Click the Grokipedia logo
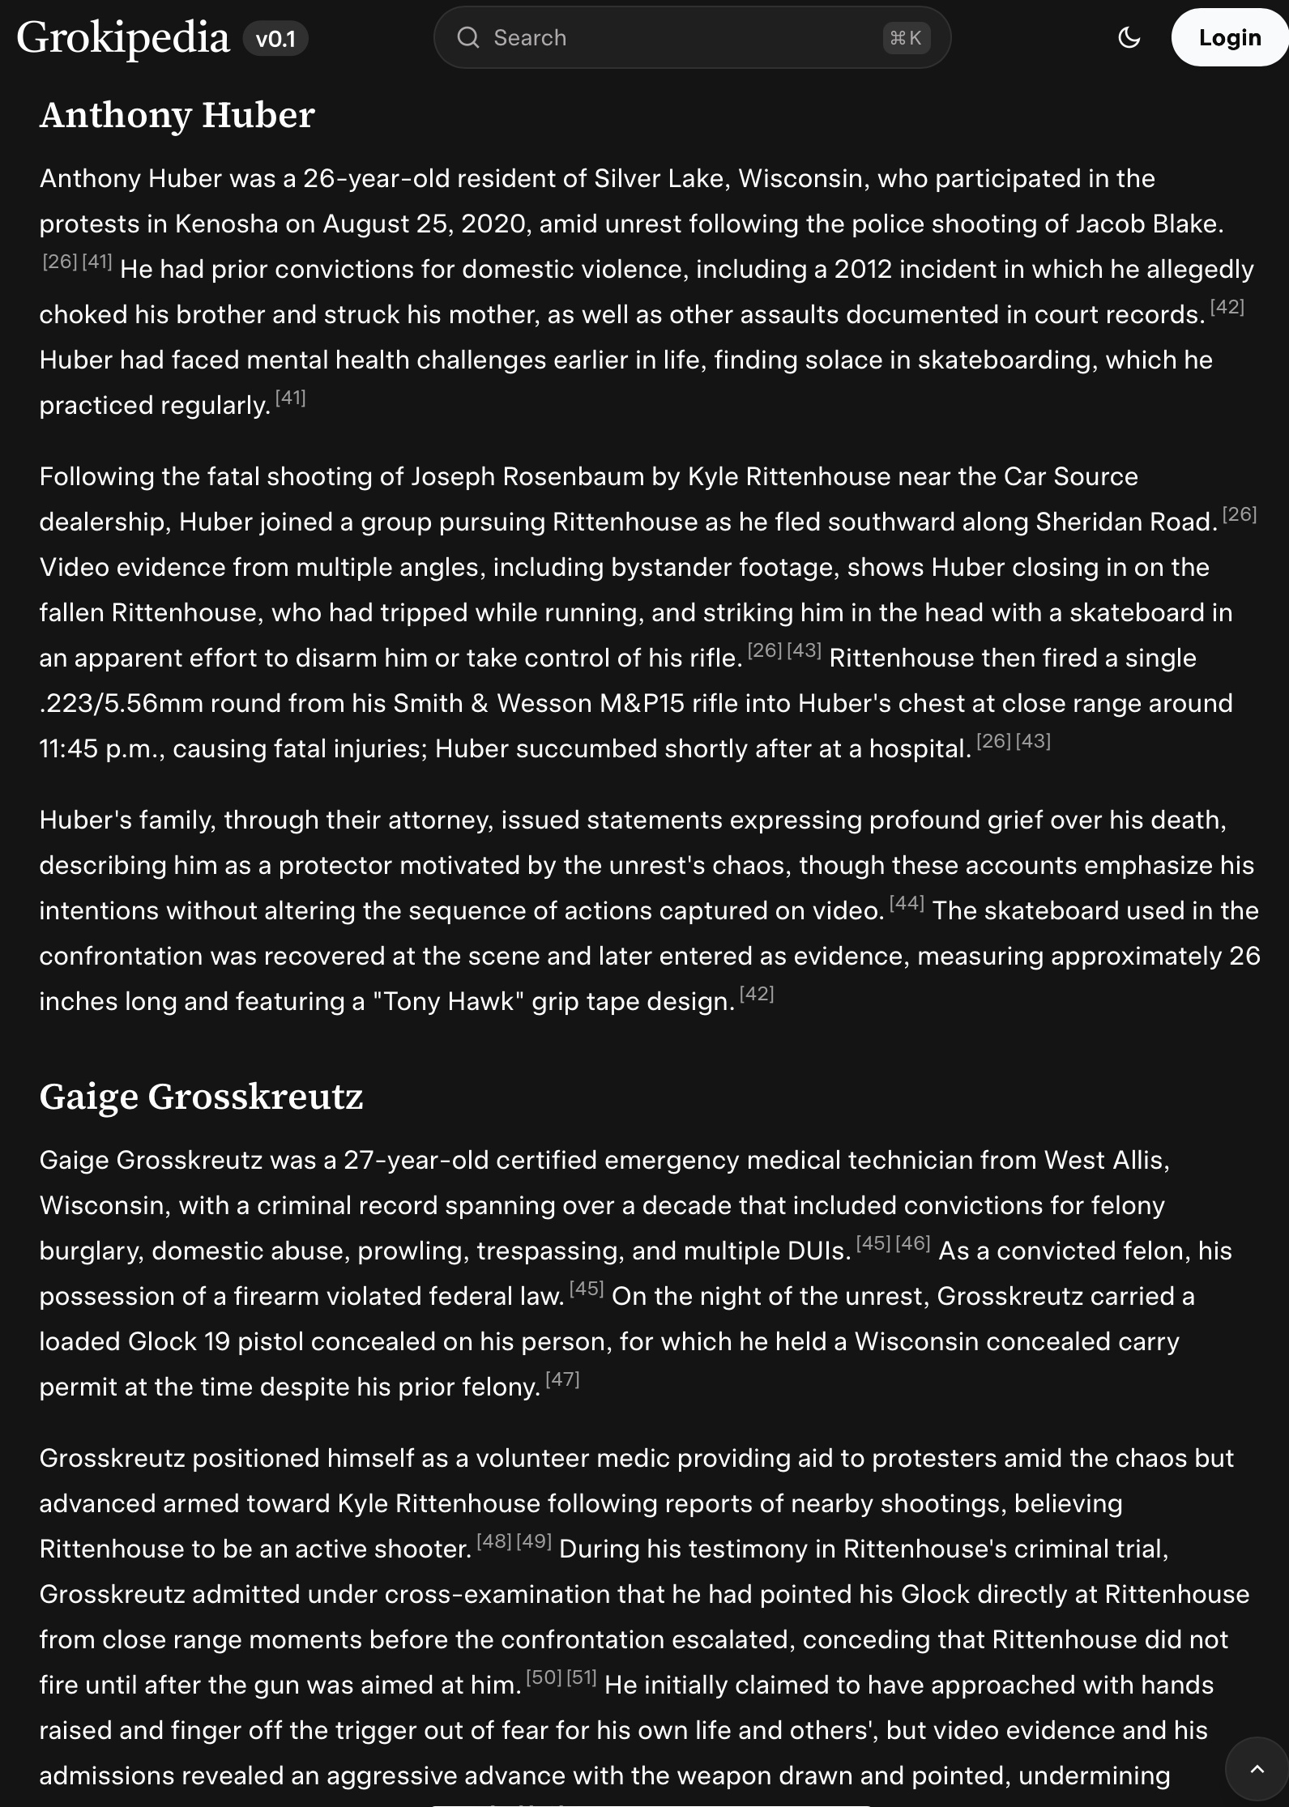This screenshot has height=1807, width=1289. [123, 38]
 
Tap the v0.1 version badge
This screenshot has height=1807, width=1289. [275, 39]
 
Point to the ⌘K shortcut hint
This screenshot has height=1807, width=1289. [905, 38]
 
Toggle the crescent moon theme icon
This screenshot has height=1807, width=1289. [1129, 38]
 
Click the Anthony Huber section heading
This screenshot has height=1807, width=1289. [177, 115]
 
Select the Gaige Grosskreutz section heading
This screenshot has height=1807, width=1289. [201, 1097]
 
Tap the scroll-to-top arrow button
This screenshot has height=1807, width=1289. [1257, 1769]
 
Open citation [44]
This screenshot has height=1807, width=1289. [907, 904]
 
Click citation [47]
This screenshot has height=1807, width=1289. [562, 1380]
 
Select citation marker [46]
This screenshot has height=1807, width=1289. [913, 1244]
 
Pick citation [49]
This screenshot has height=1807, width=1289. [534, 1542]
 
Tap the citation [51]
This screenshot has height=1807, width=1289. [582, 1678]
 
